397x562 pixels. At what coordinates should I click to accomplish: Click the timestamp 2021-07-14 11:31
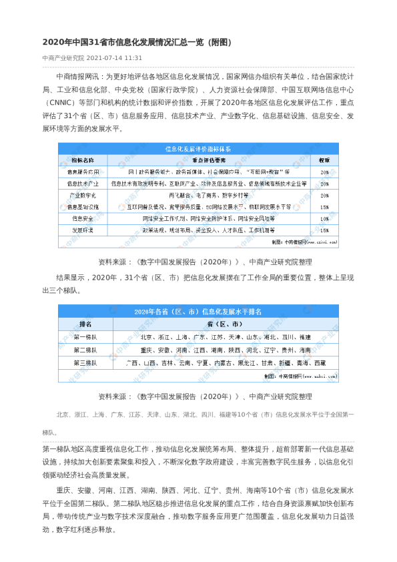[114, 58]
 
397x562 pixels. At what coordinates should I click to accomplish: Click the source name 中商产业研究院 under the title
[63, 58]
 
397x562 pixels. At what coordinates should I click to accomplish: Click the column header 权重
[324, 160]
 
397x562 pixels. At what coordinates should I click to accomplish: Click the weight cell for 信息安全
[324, 218]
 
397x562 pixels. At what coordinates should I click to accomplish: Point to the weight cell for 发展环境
[324, 230]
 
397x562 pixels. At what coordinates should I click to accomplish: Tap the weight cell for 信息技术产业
[324, 183]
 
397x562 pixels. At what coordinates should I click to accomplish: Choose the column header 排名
[85, 324]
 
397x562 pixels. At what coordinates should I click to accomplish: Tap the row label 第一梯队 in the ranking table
[85, 337]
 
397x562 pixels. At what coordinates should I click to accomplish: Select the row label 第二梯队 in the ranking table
[85, 350]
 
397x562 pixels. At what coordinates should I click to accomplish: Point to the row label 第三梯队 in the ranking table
[85, 362]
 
